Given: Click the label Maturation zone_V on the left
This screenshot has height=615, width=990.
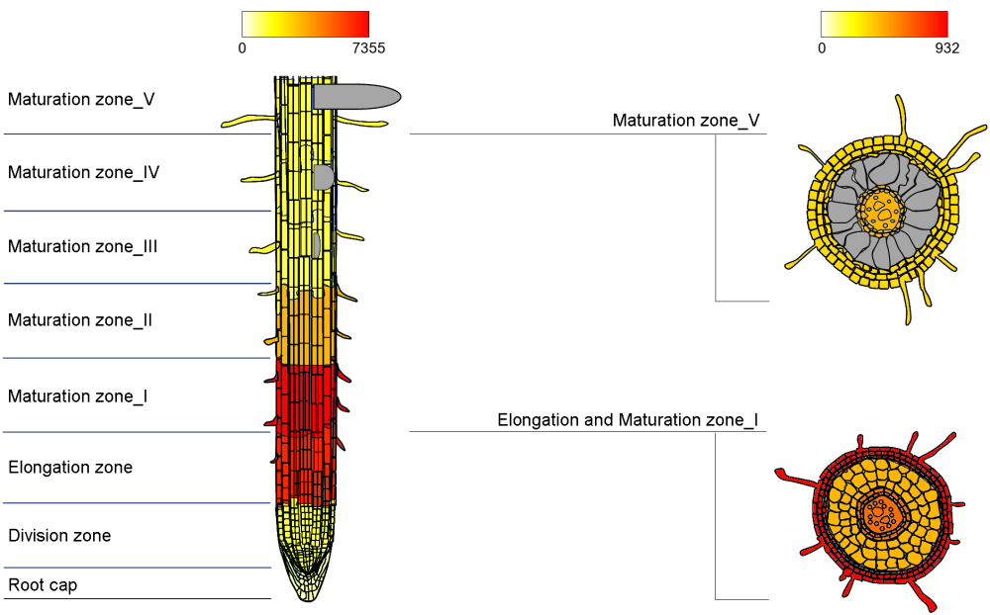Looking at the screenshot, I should tap(81, 99).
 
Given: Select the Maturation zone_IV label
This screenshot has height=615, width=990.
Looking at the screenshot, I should tap(83, 172).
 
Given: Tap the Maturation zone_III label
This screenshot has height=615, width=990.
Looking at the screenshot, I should tap(82, 246).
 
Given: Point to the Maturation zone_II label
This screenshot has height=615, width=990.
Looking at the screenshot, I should tap(80, 320).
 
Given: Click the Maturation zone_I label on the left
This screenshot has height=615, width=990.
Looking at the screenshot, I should tap(78, 395).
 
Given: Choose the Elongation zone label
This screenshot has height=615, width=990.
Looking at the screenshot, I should tap(70, 467).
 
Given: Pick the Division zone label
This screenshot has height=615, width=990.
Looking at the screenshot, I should tap(59, 536).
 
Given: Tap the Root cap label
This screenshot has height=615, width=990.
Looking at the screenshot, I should tap(43, 585).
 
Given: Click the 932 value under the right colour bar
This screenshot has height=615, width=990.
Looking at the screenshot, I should tap(946, 47).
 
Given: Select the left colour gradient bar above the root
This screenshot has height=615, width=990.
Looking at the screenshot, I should tap(305, 24).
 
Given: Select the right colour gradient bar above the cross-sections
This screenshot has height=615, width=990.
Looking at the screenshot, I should tap(884, 24).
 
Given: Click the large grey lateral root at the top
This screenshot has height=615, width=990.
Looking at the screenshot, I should tap(356, 96).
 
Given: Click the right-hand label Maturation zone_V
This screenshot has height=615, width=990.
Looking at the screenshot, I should tap(686, 121).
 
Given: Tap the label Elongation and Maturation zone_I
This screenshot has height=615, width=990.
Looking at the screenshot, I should tap(628, 420).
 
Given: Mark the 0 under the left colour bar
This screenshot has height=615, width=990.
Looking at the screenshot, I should tap(243, 47).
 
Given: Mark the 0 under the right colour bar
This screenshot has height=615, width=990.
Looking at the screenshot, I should tap(822, 47).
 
